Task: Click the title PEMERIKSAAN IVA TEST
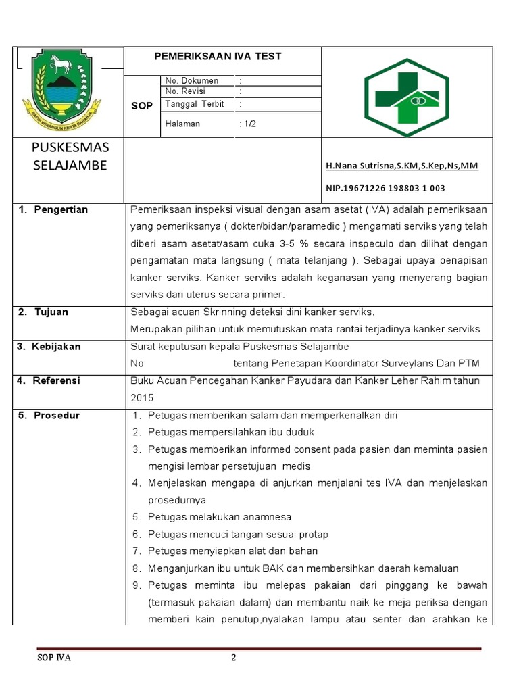point(218,57)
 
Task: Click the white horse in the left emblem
point(60,66)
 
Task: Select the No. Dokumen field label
point(191,80)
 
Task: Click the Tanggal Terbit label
point(195,104)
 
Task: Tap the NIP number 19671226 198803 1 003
point(385,188)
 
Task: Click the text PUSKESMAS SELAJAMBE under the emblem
point(70,157)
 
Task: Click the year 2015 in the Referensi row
point(142,398)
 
